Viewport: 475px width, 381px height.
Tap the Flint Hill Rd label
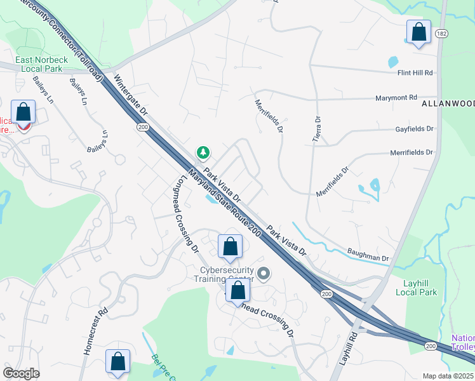click(415, 73)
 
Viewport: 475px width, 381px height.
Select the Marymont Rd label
click(396, 98)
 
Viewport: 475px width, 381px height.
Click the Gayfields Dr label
click(412, 128)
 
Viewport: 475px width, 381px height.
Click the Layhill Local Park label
click(416, 288)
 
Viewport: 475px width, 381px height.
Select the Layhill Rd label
click(345, 349)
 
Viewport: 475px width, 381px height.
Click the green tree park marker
click(203, 152)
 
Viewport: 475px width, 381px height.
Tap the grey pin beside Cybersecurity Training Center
click(264, 274)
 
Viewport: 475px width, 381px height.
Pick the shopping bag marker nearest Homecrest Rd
click(117, 361)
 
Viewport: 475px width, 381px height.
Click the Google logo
click(21, 373)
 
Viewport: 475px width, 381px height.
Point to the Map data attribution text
click(448, 376)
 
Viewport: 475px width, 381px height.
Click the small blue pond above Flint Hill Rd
click(393, 62)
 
